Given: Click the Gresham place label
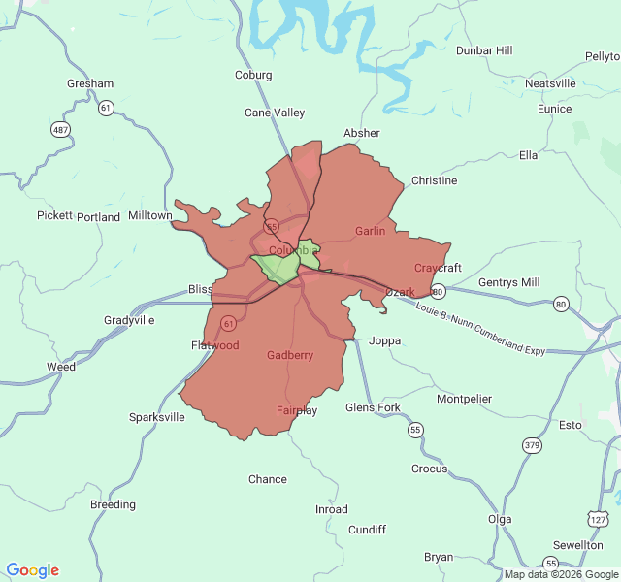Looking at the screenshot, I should pos(90,83).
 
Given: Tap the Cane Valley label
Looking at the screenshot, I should pos(275,113).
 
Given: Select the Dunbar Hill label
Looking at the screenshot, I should pos(484,50).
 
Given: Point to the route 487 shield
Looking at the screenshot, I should pos(61,129).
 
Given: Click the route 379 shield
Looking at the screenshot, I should pos(531,445).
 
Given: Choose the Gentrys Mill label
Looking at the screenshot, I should pos(508,282).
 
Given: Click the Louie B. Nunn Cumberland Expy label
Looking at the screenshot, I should pos(479,329).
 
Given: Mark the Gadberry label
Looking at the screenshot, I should pos(290,355).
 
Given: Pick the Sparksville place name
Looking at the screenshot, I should pos(157,417).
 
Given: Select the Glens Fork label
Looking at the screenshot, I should pos(373,407).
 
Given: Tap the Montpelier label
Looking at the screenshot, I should pos(464,399).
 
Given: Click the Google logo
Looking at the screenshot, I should pos(33,570).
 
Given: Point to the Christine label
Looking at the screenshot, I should pos(434,180).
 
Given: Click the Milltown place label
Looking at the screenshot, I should pos(149,215).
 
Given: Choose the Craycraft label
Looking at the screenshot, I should pos(438,268).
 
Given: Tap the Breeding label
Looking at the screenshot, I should pos(113,504).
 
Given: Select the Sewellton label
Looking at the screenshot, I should pos(577,545).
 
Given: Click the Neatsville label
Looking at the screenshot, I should pos(550,83).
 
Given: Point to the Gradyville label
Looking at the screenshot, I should pos(129,320).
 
